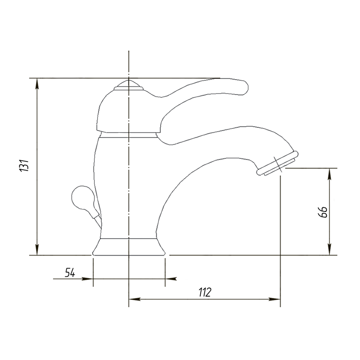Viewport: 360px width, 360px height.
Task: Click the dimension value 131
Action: pyautogui.click(x=24, y=165)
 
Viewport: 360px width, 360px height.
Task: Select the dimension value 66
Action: pyautogui.click(x=323, y=212)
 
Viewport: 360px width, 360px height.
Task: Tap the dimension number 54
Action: pyautogui.click(x=70, y=273)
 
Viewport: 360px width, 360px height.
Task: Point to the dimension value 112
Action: pyautogui.click(x=205, y=292)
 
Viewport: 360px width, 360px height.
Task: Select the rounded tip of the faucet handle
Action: pyautogui.click(x=244, y=88)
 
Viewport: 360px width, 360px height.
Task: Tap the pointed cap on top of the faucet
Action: pyautogui.click(x=129, y=85)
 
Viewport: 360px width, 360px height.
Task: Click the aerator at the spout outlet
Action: pyautogui.click(x=277, y=163)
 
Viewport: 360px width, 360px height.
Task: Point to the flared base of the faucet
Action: pyautogui.click(x=129, y=247)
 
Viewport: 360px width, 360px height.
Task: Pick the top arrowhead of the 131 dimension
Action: pyautogui.click(x=37, y=84)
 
